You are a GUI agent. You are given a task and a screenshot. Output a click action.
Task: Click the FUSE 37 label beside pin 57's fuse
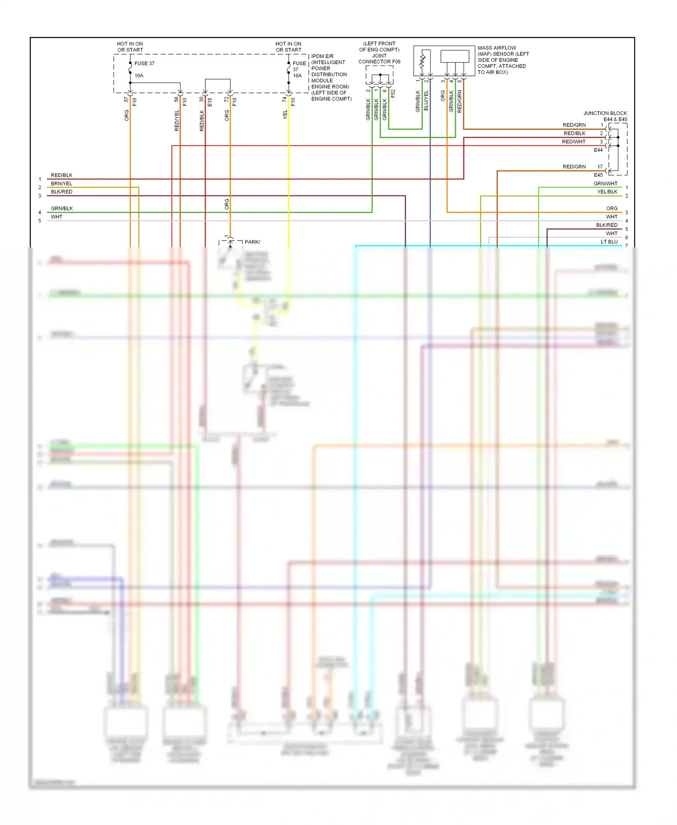click(144, 63)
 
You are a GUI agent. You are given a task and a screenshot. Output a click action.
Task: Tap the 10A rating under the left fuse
click(139, 75)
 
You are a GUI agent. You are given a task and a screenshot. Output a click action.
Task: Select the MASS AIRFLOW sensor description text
click(503, 60)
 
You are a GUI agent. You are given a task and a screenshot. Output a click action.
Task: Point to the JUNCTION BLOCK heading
click(605, 113)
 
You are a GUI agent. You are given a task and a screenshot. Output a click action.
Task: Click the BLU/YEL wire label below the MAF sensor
click(426, 101)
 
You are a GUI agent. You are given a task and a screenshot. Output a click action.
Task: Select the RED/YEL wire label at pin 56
click(176, 121)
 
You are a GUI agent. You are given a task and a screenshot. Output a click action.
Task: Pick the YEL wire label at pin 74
click(285, 115)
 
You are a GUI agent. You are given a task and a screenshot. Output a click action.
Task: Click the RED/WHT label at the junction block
click(573, 142)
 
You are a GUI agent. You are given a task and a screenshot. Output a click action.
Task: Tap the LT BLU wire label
click(609, 242)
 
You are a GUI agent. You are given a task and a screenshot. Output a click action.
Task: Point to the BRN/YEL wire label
click(61, 184)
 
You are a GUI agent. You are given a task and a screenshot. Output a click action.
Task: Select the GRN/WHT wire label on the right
click(605, 184)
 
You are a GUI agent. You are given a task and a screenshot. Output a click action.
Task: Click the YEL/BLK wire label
click(607, 192)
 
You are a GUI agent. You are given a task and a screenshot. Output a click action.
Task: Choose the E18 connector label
click(209, 102)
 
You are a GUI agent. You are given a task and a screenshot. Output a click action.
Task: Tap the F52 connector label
click(393, 93)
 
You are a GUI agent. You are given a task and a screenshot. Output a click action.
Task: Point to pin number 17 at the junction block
click(600, 167)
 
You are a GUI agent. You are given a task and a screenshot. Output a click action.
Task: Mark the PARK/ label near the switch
click(252, 242)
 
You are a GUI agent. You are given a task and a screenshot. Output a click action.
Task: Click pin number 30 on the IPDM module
click(201, 99)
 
